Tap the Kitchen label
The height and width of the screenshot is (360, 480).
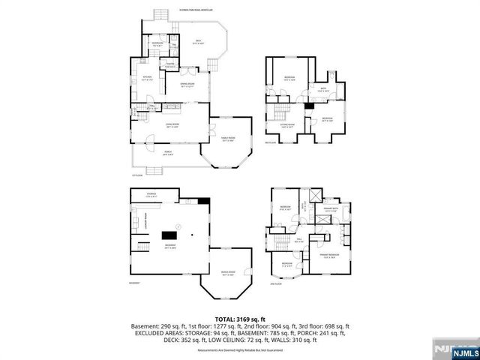point(147,78)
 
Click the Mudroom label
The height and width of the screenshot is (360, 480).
point(157,44)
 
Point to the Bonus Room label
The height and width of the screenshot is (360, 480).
point(227,273)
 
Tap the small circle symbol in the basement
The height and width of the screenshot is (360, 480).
point(177,226)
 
